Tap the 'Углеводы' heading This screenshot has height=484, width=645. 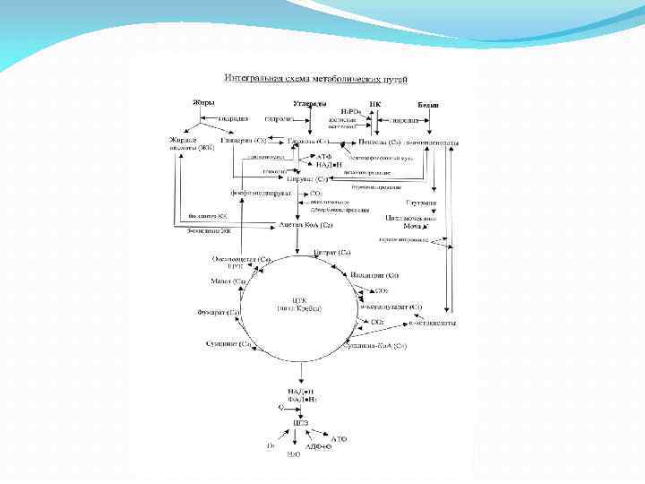(310, 105)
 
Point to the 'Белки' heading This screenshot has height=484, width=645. (427, 105)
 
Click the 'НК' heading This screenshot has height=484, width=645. (374, 105)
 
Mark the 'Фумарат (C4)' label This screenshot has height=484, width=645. (219, 312)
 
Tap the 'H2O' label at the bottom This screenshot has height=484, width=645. (293, 455)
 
